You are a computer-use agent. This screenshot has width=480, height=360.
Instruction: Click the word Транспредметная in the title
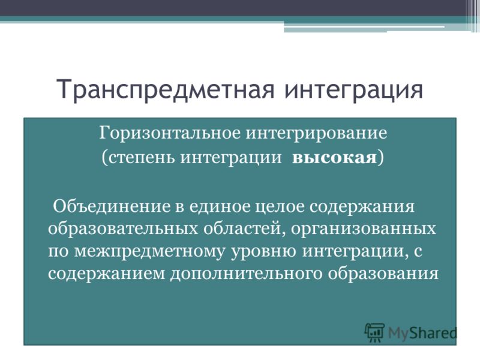(x=166, y=89)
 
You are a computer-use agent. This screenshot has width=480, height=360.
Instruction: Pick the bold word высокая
(x=334, y=158)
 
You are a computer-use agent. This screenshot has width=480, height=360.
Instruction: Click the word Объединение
(x=112, y=206)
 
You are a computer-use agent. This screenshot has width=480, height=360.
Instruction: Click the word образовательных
(x=123, y=229)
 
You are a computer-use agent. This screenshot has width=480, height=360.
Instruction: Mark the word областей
(x=242, y=229)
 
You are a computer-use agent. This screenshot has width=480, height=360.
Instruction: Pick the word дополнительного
(x=247, y=274)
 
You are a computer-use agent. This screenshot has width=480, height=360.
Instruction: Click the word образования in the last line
(x=383, y=274)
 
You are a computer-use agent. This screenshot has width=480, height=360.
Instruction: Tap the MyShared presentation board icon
(x=374, y=332)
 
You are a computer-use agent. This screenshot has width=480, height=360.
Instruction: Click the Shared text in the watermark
(x=433, y=333)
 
